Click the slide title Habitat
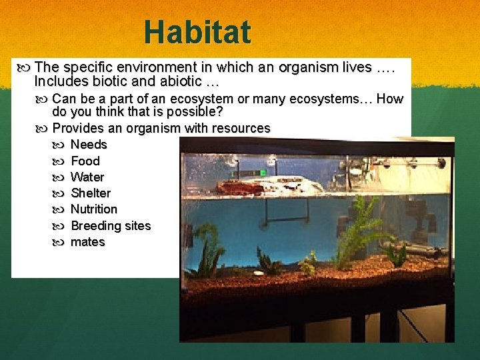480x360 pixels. pyautogui.click(x=197, y=32)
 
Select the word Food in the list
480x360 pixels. pyautogui.click(x=85, y=161)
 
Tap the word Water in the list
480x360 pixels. pyautogui.click(x=87, y=177)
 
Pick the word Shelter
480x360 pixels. pyautogui.click(x=91, y=193)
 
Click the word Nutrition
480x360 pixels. pyautogui.click(x=94, y=209)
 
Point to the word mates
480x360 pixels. pyautogui.click(x=87, y=241)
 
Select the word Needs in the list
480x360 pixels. pyautogui.click(x=89, y=145)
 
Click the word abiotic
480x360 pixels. pyautogui.click(x=179, y=83)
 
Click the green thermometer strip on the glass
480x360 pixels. pyautogui.click(x=241, y=173)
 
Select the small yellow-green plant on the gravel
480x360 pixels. pyautogui.click(x=307, y=264)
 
